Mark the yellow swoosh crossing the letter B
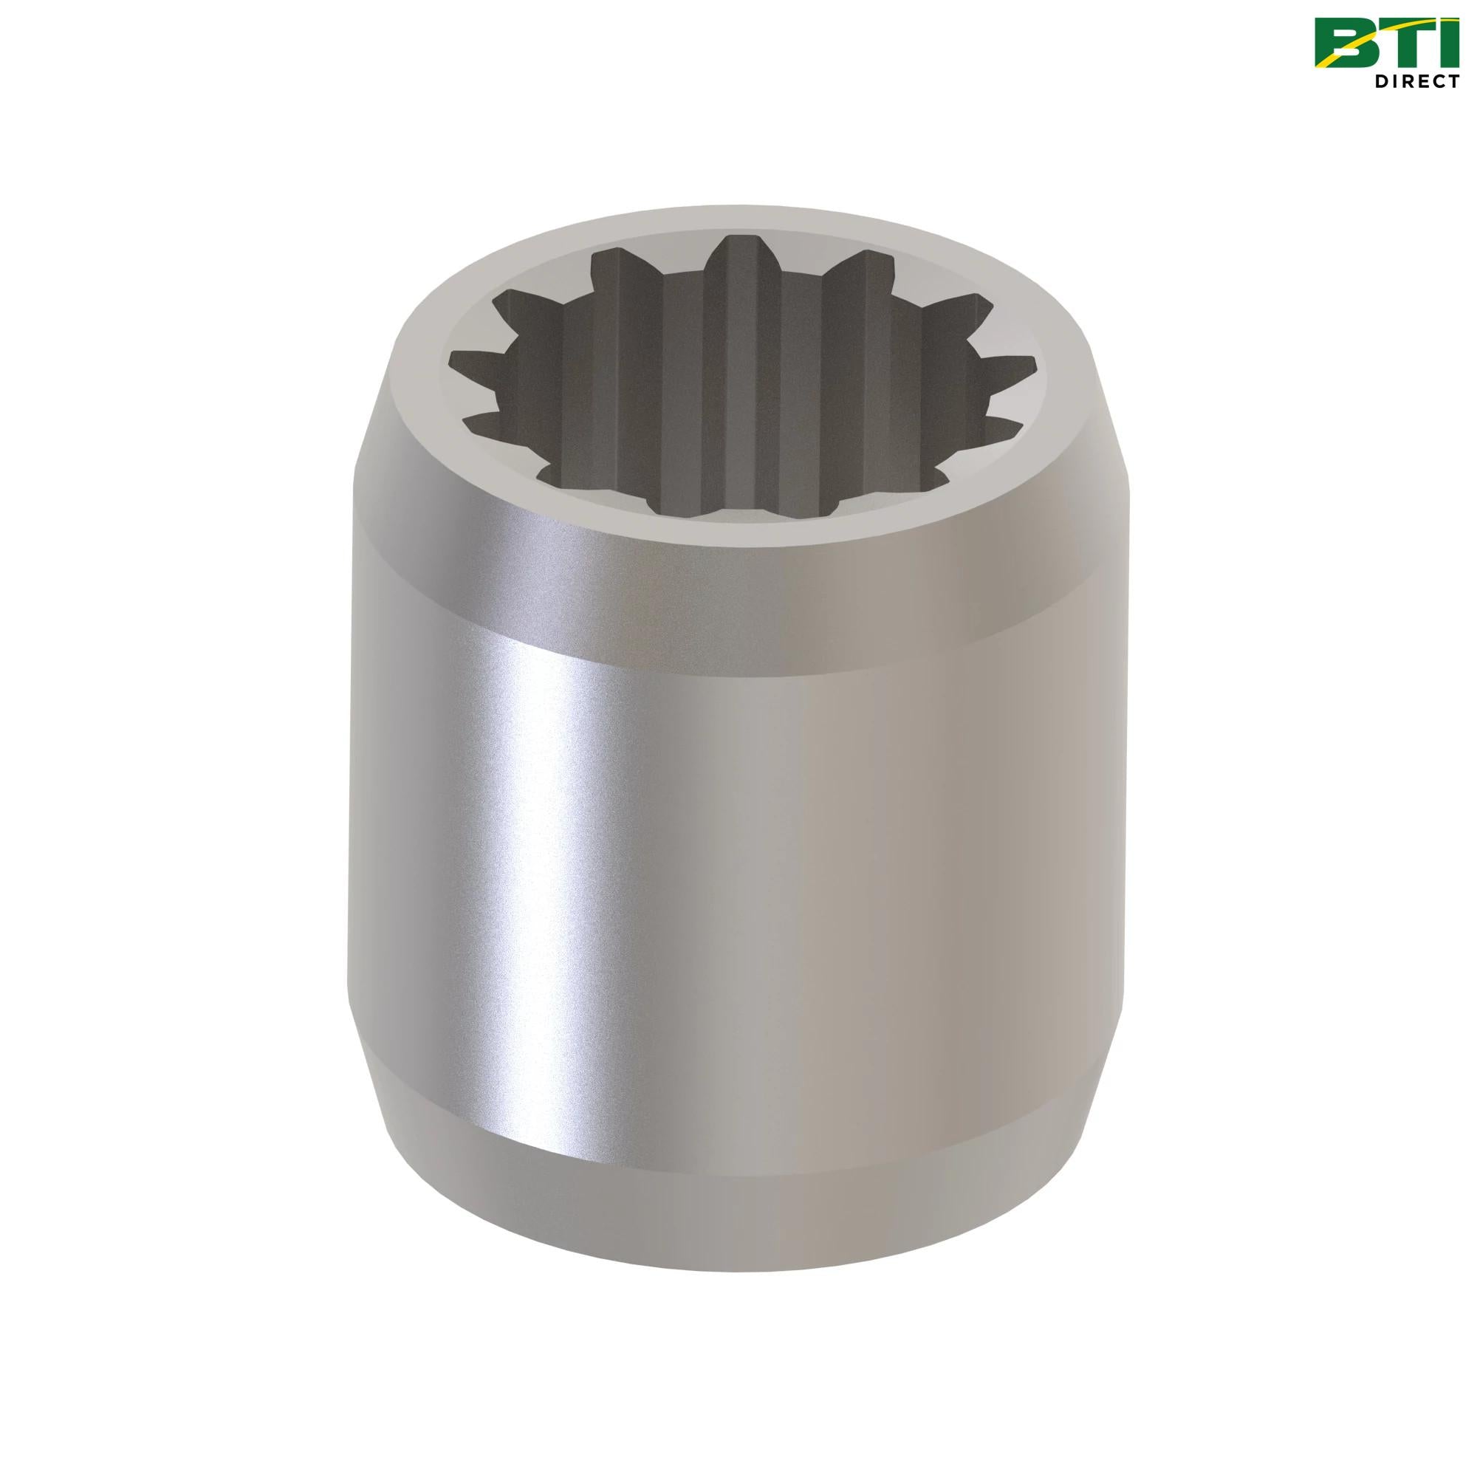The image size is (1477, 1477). tap(1346, 47)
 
